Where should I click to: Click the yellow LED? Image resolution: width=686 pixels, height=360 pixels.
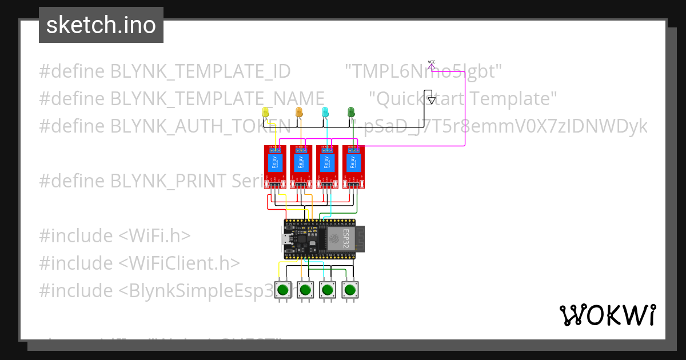pos(265,113)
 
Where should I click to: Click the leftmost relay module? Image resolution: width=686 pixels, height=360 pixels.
pos(274,166)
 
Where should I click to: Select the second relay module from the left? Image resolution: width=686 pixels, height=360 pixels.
pos(301,166)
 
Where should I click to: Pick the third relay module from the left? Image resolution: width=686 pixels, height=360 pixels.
pos(327,166)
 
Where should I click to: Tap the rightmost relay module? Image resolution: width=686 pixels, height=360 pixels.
pos(353,166)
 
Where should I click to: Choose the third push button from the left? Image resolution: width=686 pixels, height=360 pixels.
pos(328,290)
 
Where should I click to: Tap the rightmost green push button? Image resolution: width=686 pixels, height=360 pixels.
pos(350,290)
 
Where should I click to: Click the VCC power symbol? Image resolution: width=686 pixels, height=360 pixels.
pos(432,62)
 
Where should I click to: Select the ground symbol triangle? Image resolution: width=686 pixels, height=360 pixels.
pos(432,101)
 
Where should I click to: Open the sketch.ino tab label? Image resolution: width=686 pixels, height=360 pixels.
pos(101,25)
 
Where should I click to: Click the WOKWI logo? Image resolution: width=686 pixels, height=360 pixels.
pos(608,315)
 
